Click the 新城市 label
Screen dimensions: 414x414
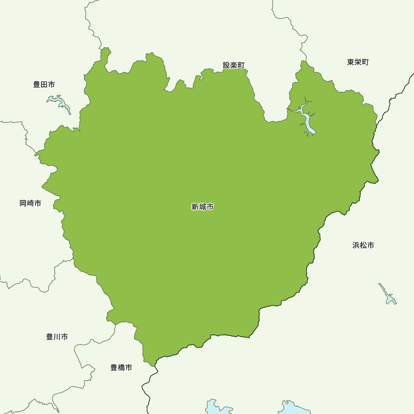202,207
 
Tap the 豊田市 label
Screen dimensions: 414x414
44,84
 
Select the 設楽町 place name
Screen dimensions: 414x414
234,65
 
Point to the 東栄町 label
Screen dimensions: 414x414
358,62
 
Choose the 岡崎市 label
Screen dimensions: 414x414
30,203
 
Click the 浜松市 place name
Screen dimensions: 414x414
363,245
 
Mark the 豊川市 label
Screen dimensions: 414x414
57,337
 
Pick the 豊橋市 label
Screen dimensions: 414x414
121,367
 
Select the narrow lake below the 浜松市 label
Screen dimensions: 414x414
388,295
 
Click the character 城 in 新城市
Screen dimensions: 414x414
202,207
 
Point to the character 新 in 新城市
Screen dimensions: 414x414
195,207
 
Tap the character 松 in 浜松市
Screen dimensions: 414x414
363,245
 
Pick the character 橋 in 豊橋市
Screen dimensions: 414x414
121,367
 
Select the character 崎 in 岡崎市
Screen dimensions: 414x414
30,203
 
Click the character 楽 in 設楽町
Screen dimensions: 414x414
234,65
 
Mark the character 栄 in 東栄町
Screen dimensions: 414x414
358,62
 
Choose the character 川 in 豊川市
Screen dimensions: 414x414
57,337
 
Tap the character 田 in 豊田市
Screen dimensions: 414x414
44,84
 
